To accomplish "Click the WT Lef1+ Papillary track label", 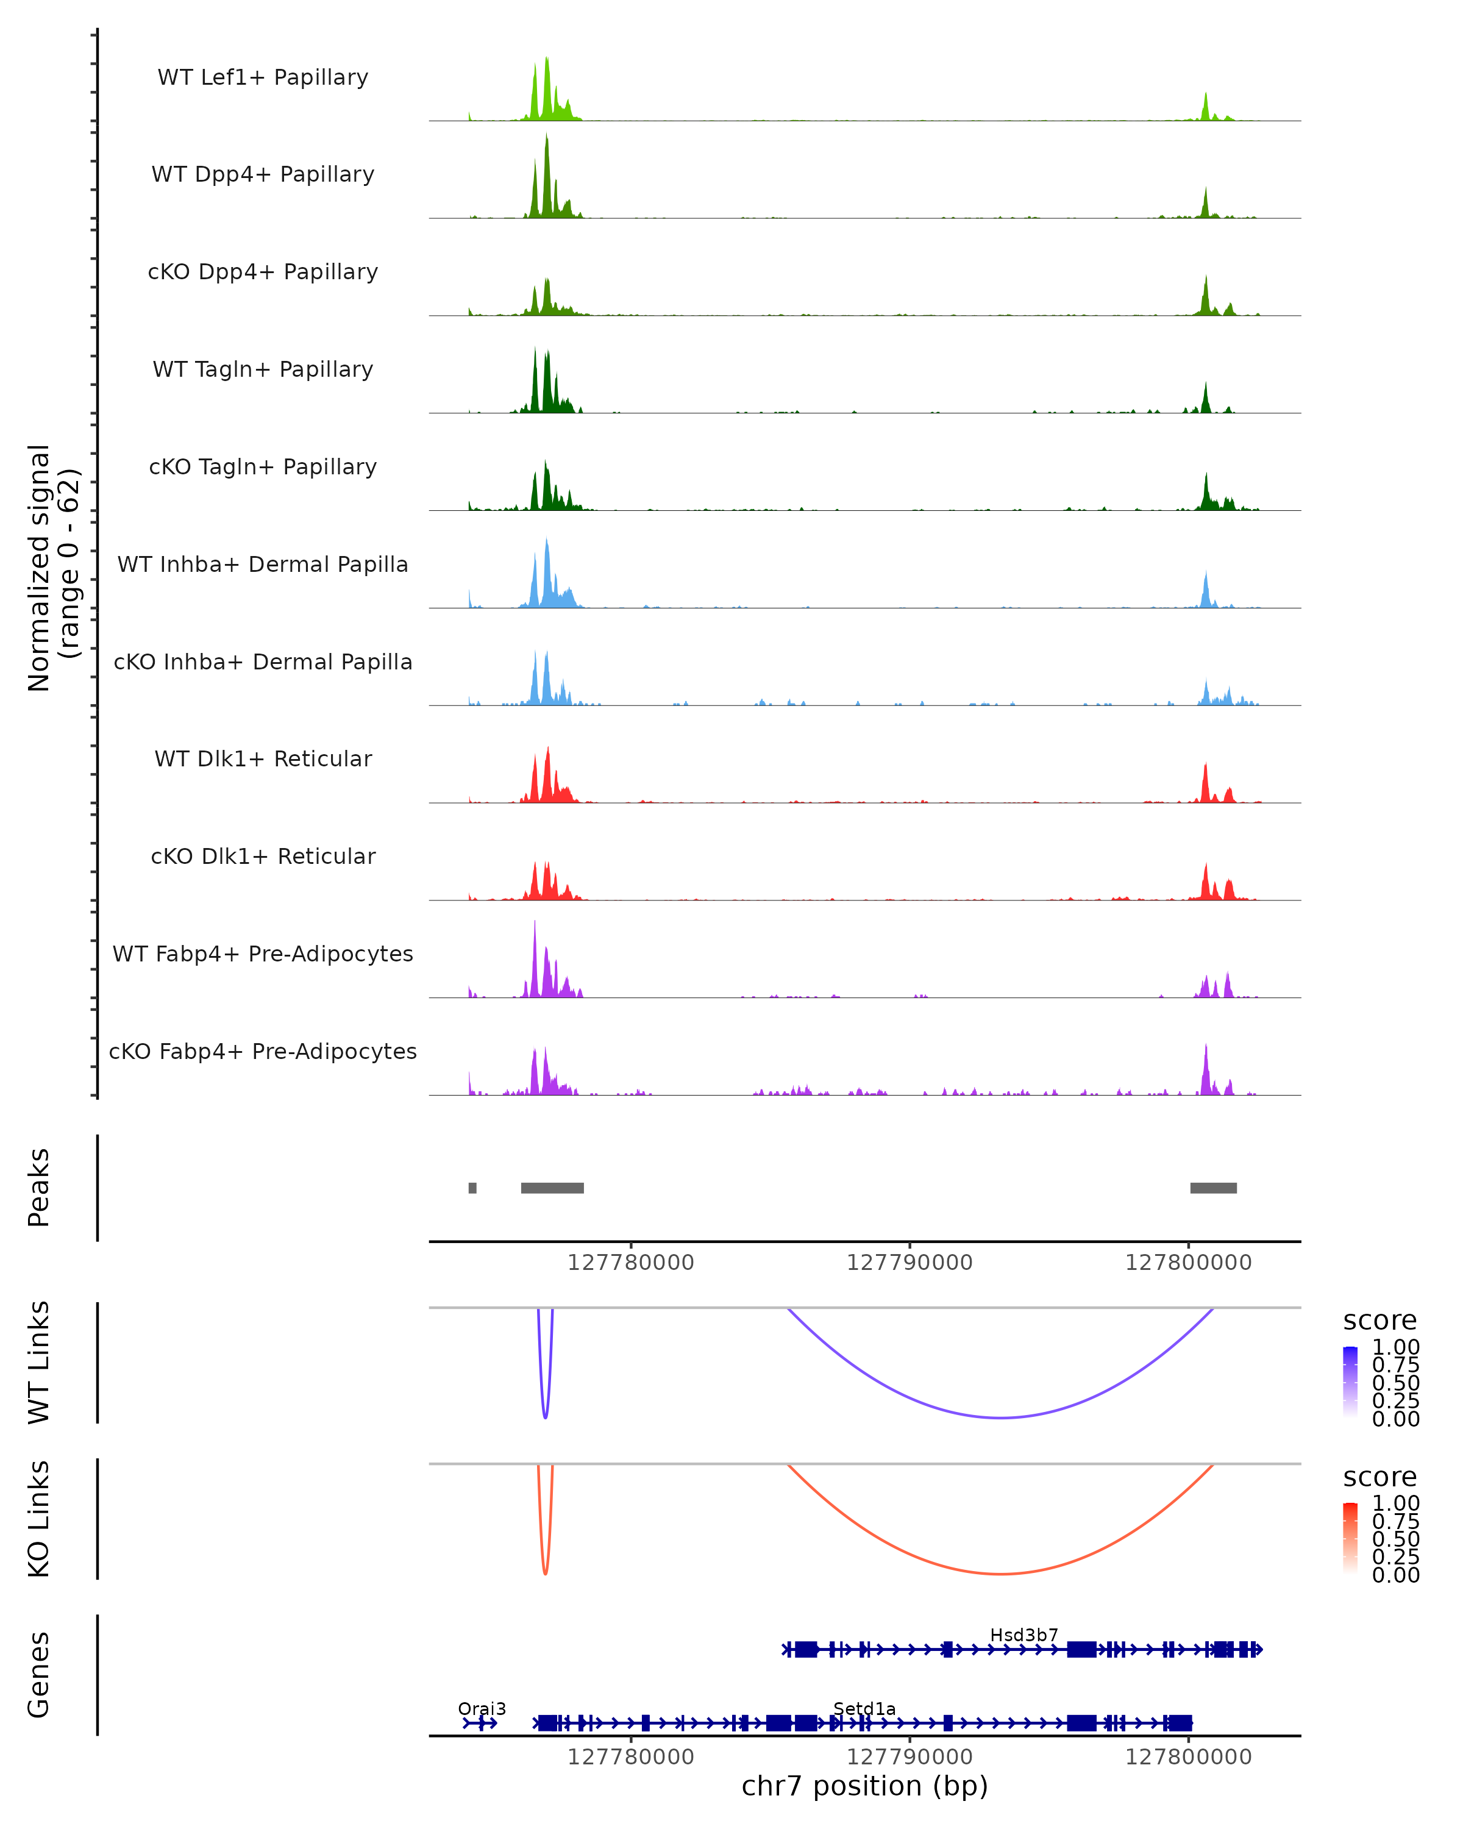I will click(263, 77).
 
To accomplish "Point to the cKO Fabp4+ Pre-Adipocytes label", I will click(263, 1051).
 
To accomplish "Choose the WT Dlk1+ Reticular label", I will click(263, 758).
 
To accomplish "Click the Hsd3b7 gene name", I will click(1023, 1635).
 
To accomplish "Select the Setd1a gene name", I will click(864, 1708).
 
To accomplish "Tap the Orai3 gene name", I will click(482, 1708).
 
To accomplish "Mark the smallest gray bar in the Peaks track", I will click(472, 1188).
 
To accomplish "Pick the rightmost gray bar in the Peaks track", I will click(1213, 1188).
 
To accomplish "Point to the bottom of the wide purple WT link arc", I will click(1002, 1417).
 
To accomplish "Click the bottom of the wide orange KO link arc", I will click(1002, 1574).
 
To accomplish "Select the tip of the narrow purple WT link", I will click(546, 1417).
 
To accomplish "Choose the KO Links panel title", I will click(39, 1519).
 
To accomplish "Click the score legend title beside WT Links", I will click(1379, 1320).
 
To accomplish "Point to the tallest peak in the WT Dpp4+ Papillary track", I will click(547, 136).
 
